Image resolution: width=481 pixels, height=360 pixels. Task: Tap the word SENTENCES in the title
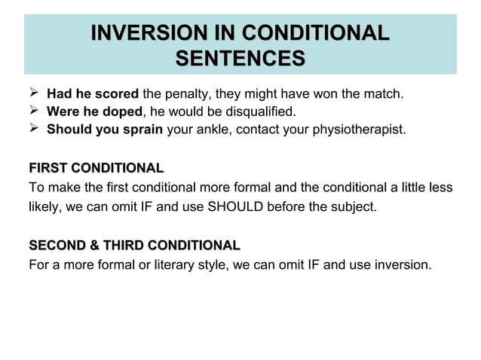(x=240, y=57)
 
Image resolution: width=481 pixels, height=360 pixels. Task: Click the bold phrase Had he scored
(x=93, y=95)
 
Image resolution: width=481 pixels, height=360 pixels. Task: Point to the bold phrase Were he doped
(x=94, y=111)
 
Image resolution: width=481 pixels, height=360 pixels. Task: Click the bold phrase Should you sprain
(x=105, y=129)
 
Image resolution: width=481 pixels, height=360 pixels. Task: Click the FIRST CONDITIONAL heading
(x=96, y=167)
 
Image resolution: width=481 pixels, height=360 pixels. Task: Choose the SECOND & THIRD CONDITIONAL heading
(x=134, y=246)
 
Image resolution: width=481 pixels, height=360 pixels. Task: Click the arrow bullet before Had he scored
(x=33, y=95)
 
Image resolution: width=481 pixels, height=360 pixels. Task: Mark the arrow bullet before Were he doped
(x=33, y=111)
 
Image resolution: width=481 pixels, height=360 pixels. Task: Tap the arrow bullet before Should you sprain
(x=33, y=129)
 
